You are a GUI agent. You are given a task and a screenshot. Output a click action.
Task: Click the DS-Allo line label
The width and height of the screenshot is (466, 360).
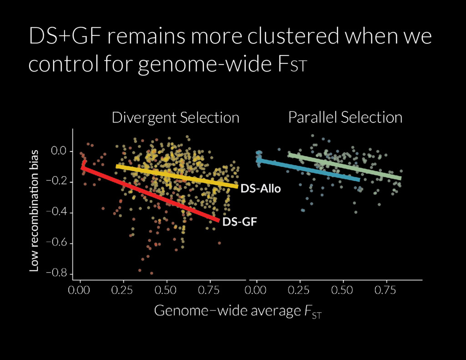tap(260, 188)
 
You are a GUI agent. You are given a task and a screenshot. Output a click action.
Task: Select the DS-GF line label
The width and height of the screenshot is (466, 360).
tap(239, 222)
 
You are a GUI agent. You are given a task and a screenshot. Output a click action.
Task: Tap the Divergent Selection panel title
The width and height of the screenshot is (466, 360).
tap(175, 118)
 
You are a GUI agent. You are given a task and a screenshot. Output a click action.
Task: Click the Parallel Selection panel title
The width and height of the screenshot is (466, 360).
tap(345, 117)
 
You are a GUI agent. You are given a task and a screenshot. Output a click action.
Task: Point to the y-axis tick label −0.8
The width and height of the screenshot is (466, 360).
tap(57, 273)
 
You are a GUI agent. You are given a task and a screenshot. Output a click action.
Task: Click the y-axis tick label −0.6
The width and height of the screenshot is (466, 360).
tap(57, 243)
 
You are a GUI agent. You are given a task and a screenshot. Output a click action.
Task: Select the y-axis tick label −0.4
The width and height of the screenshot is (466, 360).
tap(57, 212)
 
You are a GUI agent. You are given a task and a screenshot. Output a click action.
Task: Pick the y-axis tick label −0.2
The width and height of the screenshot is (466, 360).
tap(57, 182)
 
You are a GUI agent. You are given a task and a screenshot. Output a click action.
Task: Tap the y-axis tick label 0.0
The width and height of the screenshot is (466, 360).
tap(60, 151)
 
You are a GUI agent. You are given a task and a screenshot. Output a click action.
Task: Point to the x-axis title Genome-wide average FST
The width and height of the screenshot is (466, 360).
tap(238, 311)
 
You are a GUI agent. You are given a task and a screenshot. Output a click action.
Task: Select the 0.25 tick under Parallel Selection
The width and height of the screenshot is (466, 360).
tap(299, 290)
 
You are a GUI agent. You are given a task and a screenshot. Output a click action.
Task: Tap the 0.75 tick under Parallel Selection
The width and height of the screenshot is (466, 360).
tap(385, 290)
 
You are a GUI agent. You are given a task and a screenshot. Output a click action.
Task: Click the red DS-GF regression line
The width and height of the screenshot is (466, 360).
tap(150, 194)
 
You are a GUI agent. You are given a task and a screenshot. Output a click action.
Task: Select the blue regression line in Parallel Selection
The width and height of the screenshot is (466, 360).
tap(308, 170)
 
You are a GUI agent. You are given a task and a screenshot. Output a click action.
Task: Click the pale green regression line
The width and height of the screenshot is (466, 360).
tap(345, 167)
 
